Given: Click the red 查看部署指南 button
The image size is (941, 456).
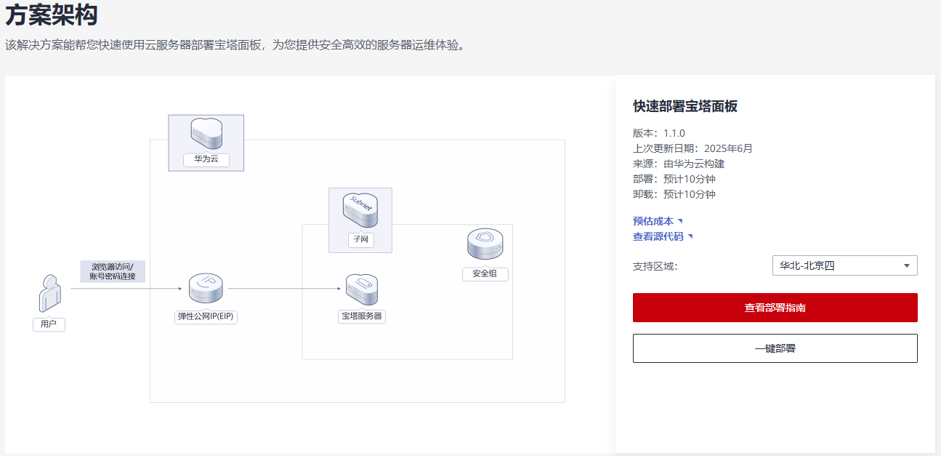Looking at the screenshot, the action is [x=775, y=308].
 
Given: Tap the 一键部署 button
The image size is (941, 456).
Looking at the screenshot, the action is [x=775, y=348].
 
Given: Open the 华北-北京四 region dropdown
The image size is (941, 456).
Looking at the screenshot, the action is [x=845, y=265].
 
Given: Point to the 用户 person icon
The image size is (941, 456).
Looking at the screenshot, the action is [x=50, y=293].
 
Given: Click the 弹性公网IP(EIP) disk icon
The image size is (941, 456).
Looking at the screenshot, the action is [x=206, y=288].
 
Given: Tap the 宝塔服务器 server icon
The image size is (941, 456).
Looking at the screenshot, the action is [x=362, y=289].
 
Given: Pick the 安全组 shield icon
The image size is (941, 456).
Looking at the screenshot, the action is [x=485, y=244].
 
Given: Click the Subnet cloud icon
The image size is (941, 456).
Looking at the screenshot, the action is [x=360, y=210].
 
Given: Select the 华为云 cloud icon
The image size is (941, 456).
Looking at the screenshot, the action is [x=206, y=134].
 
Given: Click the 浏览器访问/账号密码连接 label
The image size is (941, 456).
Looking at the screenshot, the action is [x=113, y=271].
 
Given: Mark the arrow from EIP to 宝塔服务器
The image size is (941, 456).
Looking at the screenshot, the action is [x=284, y=289].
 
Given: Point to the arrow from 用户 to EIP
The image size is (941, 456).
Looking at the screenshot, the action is [x=126, y=289].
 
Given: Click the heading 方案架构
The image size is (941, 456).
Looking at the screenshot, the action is [x=52, y=15].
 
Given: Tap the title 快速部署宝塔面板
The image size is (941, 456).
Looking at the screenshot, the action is [x=685, y=106].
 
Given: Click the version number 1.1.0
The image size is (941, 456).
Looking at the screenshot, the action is [x=674, y=133].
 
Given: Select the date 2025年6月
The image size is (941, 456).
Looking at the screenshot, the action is [x=728, y=148].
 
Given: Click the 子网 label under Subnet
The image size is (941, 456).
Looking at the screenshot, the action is [x=361, y=239].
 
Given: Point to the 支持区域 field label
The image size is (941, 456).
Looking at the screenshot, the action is [x=655, y=266].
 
